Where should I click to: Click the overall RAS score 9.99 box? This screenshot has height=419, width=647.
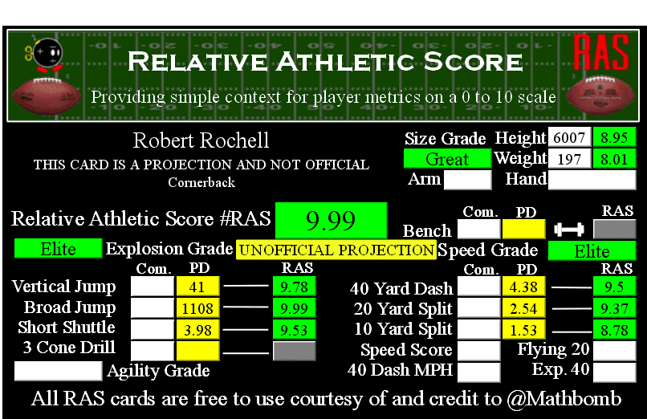click(x=331, y=220)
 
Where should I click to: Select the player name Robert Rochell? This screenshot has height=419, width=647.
click(x=201, y=140)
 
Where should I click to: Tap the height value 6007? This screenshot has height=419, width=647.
click(x=569, y=137)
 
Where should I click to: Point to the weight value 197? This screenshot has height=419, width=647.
click(x=569, y=159)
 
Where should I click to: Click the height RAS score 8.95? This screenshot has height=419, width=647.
click(x=614, y=137)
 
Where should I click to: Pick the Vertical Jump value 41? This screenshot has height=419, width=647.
click(x=197, y=287)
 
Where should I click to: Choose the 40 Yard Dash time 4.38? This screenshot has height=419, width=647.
click(x=523, y=287)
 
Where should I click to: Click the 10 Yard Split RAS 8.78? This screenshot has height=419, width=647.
click(x=614, y=330)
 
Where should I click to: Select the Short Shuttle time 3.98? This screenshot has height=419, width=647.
click(x=197, y=330)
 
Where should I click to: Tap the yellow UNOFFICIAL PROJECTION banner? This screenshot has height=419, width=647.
click(x=336, y=250)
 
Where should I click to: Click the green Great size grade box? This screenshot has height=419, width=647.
click(x=447, y=159)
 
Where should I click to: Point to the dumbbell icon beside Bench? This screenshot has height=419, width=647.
click(x=569, y=230)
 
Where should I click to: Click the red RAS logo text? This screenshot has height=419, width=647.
click(x=601, y=53)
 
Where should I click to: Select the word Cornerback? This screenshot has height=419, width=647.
click(x=201, y=182)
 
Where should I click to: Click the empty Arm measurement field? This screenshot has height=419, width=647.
click(x=468, y=180)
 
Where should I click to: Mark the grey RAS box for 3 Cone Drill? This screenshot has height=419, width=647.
click(x=295, y=351)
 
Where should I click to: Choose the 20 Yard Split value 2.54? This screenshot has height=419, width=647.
click(x=523, y=308)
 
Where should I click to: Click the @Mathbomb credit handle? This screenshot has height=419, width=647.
click(x=564, y=399)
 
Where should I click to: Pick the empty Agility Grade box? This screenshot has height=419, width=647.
click(x=58, y=371)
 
